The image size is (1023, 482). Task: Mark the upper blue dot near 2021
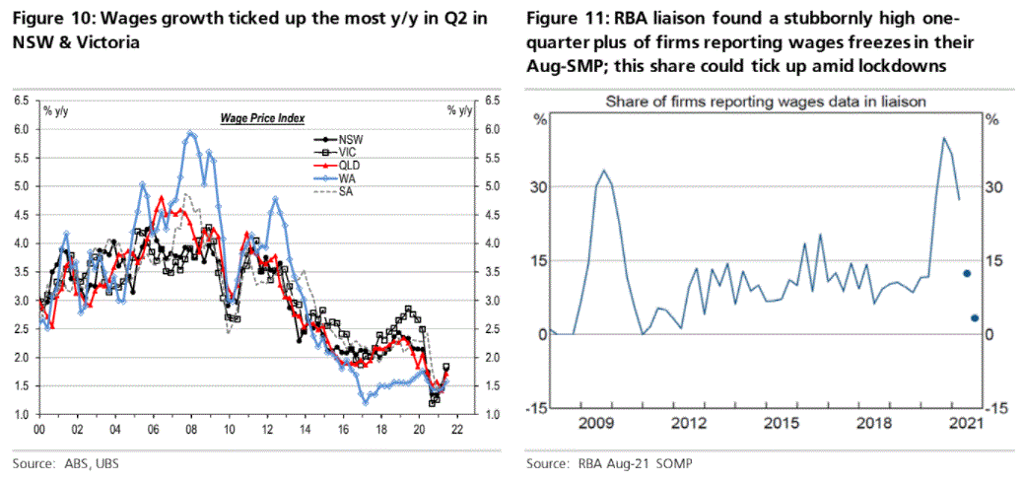pyautogui.click(x=967, y=273)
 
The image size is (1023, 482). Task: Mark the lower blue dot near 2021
pyautogui.click(x=974, y=317)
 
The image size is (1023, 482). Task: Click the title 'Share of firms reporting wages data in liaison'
pyautogui.click(x=764, y=101)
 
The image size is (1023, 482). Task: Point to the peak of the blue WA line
pyautogui.click(x=187, y=132)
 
